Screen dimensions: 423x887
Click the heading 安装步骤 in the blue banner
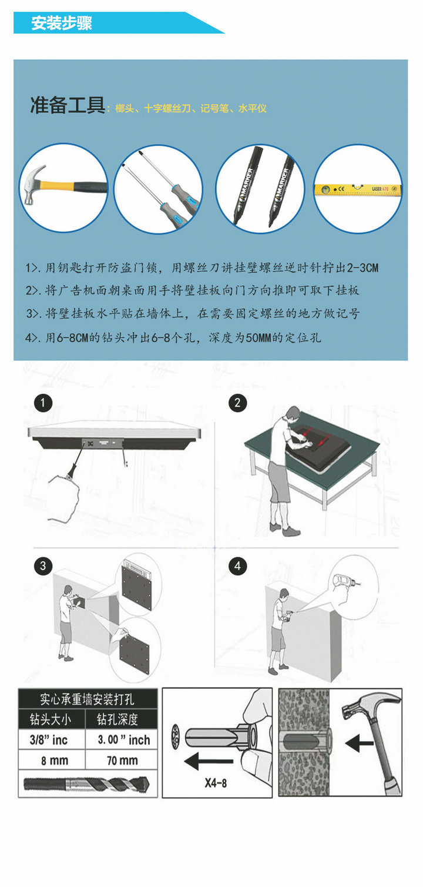[x=61, y=23]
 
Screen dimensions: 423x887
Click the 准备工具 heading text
[x=67, y=105]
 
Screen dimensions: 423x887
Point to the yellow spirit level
[x=358, y=189]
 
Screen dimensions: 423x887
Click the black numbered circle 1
[x=43, y=403]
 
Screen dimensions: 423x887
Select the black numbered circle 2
[x=237, y=403]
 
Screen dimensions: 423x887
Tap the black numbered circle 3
[x=43, y=566]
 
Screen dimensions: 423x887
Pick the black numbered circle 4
[x=237, y=566]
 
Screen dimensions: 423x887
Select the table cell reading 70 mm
[x=122, y=761]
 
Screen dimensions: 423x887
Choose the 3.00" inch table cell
[x=122, y=739]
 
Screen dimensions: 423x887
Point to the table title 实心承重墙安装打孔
[x=87, y=699]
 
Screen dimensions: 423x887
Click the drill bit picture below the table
[x=86, y=784]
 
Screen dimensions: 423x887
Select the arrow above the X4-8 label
[x=209, y=761]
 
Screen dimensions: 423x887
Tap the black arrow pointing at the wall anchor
[x=359, y=743]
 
